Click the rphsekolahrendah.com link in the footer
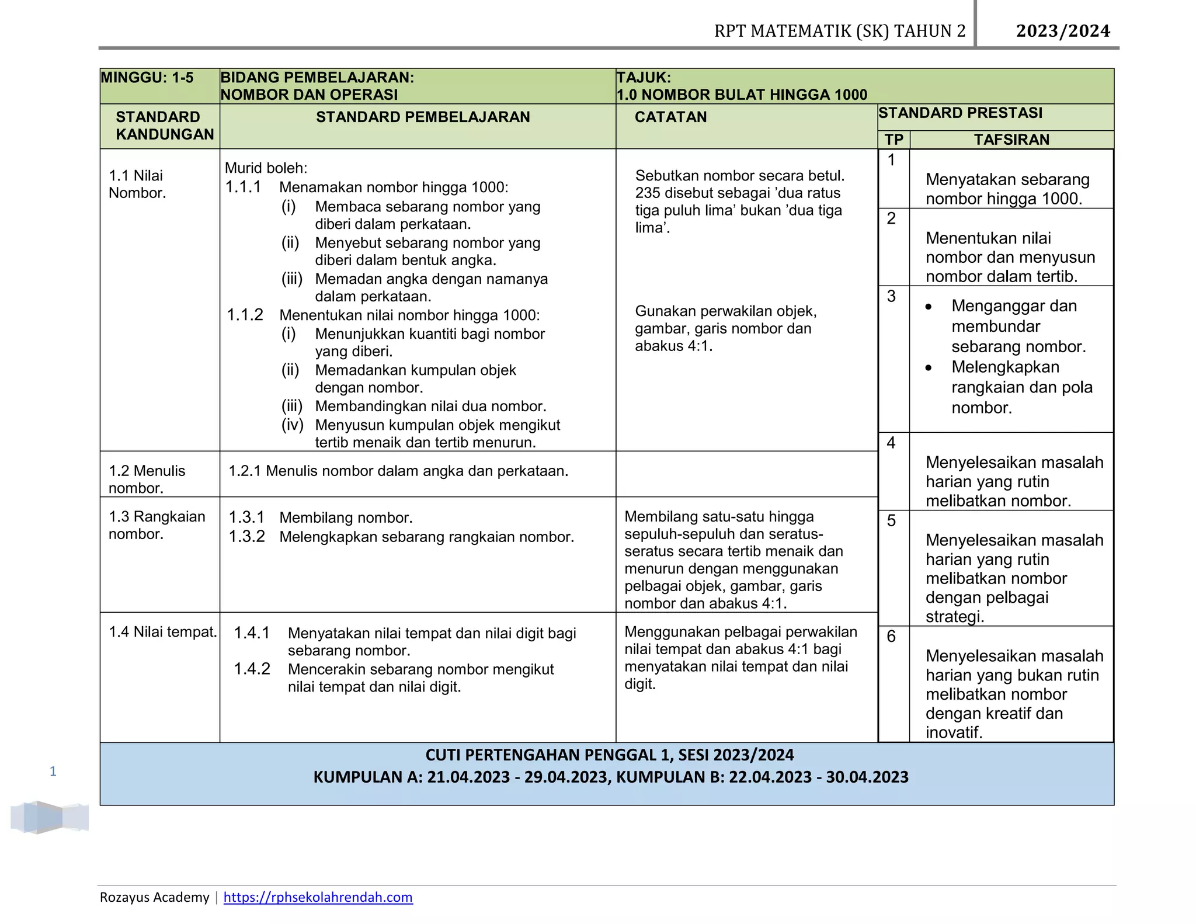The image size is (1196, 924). (x=318, y=897)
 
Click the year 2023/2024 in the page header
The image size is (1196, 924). (x=1063, y=31)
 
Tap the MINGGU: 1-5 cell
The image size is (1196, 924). (x=147, y=78)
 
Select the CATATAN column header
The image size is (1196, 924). (x=670, y=117)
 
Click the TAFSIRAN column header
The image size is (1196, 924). (x=1011, y=140)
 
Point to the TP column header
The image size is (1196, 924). (x=893, y=140)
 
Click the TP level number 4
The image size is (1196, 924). (x=891, y=443)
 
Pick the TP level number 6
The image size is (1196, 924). (x=891, y=636)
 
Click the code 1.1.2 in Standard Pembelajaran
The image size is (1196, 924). (x=245, y=315)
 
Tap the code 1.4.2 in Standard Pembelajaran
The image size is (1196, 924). (x=252, y=669)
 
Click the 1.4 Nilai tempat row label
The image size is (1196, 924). (x=162, y=632)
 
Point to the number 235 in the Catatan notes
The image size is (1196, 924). (x=648, y=193)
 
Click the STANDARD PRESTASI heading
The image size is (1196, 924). (x=960, y=113)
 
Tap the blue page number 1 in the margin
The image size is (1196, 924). (x=53, y=772)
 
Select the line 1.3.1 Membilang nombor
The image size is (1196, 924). (x=320, y=517)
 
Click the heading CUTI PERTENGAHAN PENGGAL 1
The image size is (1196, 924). (x=609, y=755)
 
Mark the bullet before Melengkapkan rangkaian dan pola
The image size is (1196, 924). (x=929, y=368)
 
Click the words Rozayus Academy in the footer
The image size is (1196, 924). (x=154, y=897)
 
